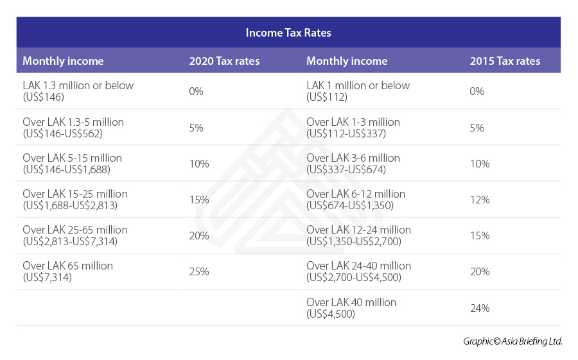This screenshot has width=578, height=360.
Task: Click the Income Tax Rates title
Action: (x=288, y=32)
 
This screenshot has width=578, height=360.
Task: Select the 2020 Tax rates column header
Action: (x=224, y=62)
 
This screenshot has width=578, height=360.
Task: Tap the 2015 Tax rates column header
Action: (x=505, y=62)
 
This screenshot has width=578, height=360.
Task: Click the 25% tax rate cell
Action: (x=199, y=271)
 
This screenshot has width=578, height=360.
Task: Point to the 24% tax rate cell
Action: (x=480, y=308)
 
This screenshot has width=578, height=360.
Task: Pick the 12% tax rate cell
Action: (x=480, y=200)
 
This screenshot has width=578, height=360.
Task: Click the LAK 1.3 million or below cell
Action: (x=78, y=91)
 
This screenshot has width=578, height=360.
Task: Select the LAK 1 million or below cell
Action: (x=358, y=91)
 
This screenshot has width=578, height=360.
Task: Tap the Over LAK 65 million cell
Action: (x=67, y=271)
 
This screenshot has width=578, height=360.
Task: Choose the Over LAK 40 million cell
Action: (x=351, y=308)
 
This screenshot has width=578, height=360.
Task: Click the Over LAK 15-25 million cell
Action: (x=75, y=200)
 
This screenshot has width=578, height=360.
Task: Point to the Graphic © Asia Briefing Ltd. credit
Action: (x=512, y=341)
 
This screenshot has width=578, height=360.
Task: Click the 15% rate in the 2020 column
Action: (x=199, y=200)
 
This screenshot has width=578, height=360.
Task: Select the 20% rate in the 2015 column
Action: (x=480, y=271)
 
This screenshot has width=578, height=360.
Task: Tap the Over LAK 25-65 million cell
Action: (x=75, y=236)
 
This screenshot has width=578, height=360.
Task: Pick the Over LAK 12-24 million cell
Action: (x=358, y=236)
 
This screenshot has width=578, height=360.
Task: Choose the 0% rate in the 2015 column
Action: (x=477, y=91)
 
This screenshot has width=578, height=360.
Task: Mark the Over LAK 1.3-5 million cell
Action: (x=73, y=128)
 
